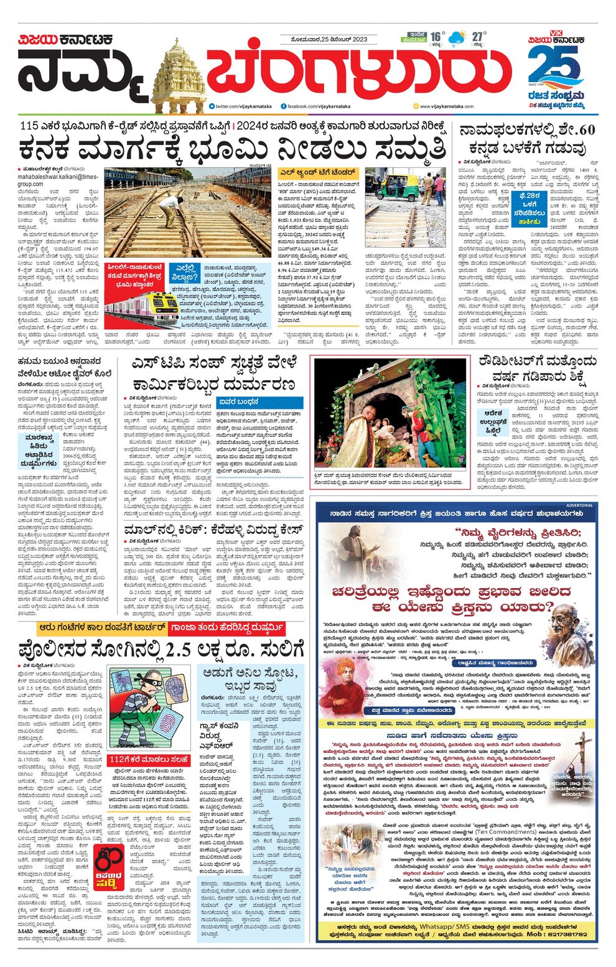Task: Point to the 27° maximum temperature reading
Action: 477,36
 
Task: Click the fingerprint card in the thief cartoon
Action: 175,722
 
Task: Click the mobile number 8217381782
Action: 555,934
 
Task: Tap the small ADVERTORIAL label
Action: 580,505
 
